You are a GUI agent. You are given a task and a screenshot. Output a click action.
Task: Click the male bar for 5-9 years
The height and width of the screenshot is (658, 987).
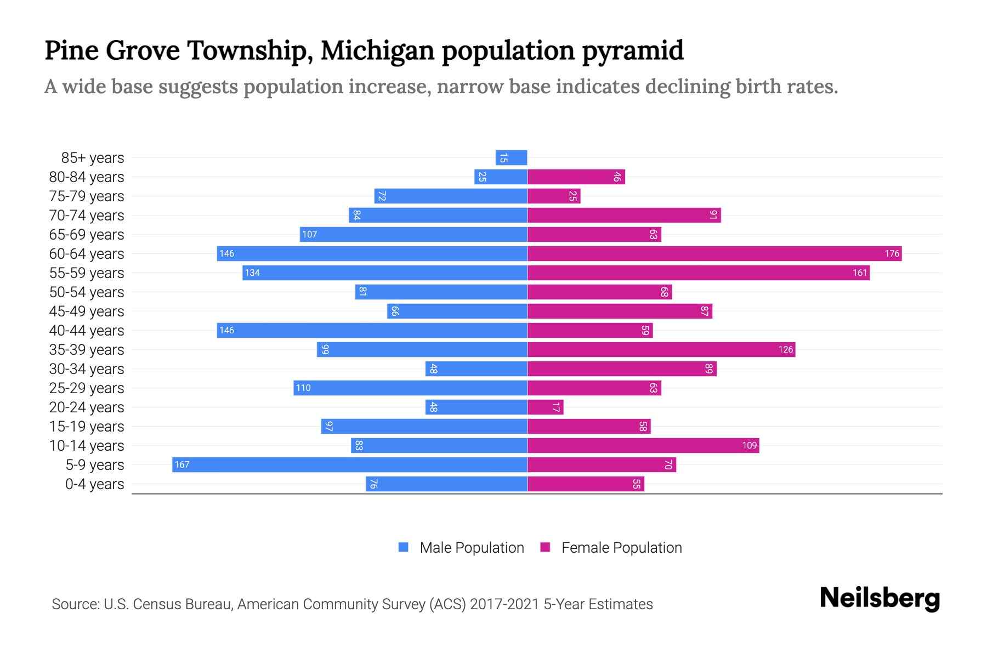(350, 464)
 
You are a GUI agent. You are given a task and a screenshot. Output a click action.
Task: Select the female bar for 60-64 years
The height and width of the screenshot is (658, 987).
(714, 253)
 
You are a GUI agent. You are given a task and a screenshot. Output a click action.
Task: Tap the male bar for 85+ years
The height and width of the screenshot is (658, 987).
(511, 158)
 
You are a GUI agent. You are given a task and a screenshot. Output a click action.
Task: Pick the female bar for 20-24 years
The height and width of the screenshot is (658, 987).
(545, 407)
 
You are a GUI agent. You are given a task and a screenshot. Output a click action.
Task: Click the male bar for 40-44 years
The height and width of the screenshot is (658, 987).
(372, 330)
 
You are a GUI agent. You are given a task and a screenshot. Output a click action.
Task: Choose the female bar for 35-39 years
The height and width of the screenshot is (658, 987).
(661, 349)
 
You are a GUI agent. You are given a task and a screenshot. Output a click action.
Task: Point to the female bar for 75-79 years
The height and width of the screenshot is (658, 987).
(554, 196)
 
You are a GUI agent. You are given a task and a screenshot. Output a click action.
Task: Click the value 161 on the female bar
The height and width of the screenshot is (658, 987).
(859, 273)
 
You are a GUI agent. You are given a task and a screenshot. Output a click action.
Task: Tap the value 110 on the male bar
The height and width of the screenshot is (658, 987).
(303, 388)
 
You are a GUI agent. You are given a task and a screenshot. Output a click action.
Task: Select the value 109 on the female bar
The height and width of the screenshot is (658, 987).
(749, 446)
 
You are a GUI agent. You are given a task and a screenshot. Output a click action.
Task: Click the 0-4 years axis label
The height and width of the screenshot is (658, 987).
(94, 484)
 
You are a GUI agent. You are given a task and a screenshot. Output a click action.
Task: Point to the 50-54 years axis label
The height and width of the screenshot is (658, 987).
(87, 292)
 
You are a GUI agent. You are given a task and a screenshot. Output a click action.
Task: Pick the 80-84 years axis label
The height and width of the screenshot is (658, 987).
(87, 177)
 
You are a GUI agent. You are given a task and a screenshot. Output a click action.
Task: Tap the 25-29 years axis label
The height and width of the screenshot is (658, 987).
(87, 388)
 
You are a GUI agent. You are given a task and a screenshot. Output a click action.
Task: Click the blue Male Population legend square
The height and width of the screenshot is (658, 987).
(404, 547)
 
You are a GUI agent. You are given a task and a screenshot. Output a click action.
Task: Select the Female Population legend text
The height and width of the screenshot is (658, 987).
(621, 548)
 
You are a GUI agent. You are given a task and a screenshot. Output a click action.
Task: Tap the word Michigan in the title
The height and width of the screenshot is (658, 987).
(377, 50)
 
